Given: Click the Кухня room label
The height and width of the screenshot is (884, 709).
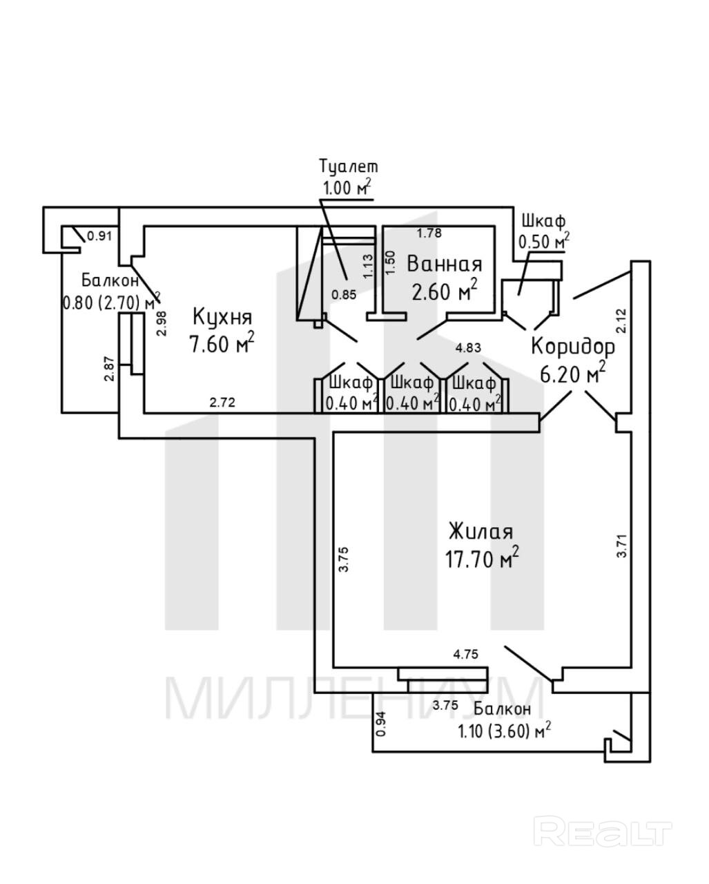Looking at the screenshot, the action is (222, 317).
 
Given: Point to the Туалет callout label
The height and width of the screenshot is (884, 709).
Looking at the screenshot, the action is (349, 166).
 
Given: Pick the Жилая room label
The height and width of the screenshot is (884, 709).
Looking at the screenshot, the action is (481, 532).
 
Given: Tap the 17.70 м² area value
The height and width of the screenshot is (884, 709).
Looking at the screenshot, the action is (482, 558).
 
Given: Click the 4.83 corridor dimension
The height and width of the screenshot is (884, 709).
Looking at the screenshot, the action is (468, 348).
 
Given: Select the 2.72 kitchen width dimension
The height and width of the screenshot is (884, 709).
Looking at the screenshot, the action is (222, 402).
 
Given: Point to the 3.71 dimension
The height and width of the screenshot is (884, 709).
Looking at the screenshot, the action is (622, 545).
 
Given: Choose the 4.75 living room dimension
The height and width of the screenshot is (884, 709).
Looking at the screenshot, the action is (466, 654).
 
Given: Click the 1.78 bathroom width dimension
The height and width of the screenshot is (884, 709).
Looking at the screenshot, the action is (429, 233).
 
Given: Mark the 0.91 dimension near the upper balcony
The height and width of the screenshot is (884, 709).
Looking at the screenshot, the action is (99, 236).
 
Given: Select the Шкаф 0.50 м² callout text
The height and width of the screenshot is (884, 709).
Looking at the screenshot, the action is (544, 232).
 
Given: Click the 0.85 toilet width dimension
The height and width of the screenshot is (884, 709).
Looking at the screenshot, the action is (344, 294).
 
